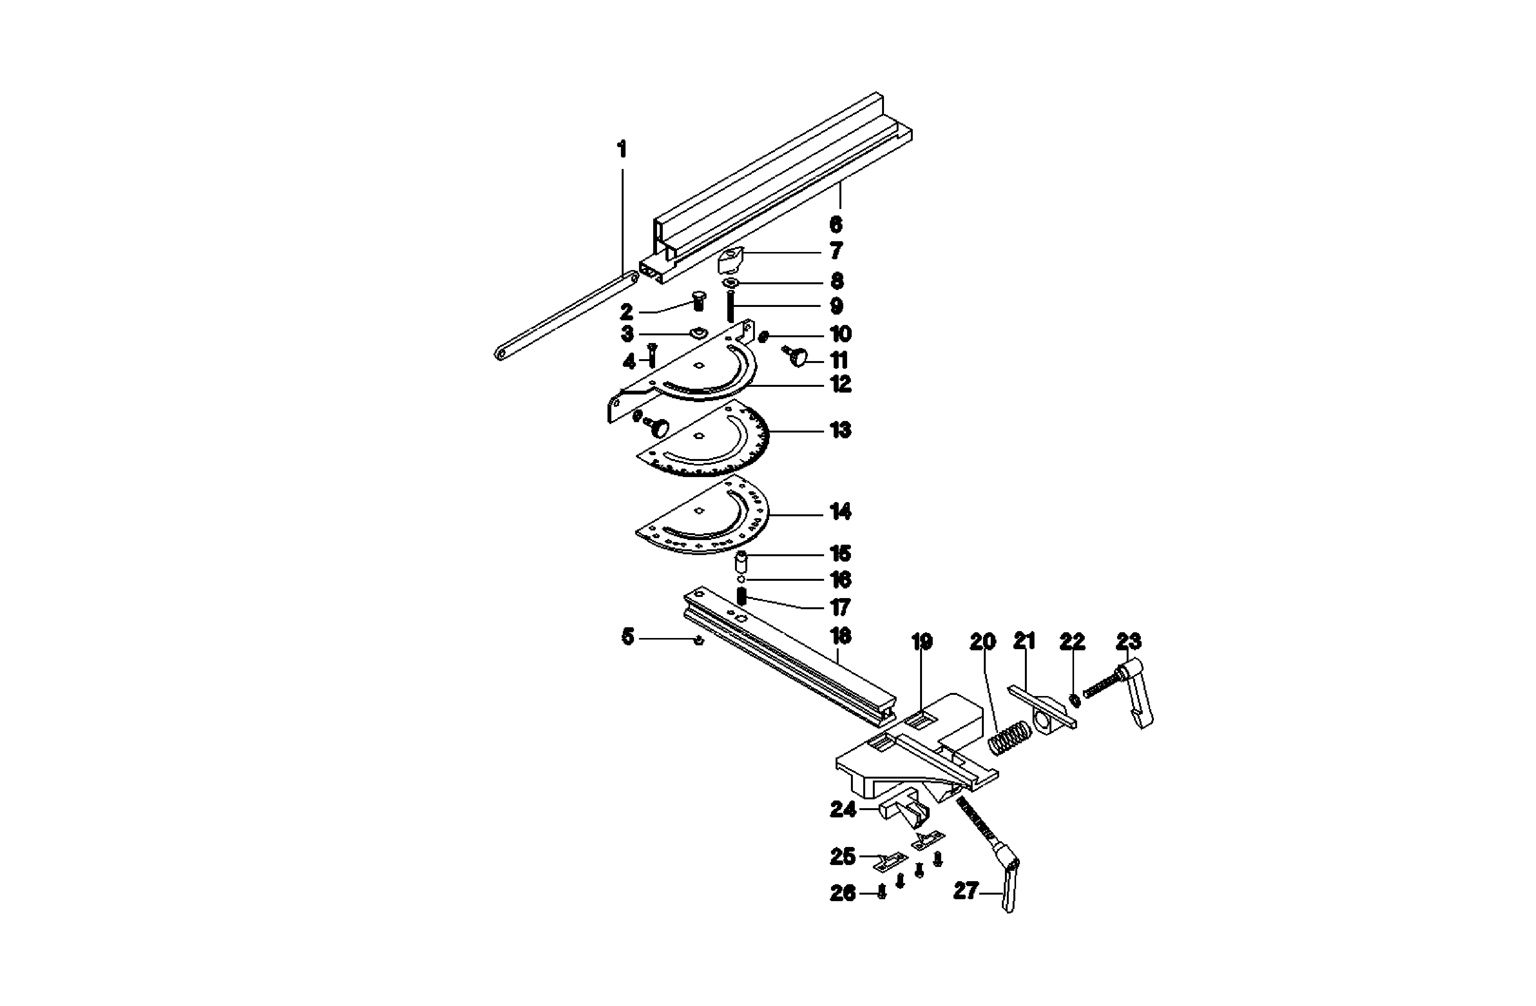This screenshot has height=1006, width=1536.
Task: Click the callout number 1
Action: [x=621, y=150]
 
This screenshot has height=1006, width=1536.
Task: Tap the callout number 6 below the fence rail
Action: [x=836, y=225]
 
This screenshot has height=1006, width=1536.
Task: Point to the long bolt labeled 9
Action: [x=731, y=306]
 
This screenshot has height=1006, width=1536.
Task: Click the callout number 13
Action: [x=840, y=430]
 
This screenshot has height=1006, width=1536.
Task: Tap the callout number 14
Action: [x=840, y=512]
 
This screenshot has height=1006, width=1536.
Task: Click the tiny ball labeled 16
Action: [x=742, y=578]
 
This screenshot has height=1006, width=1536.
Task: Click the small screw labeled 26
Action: [x=882, y=893]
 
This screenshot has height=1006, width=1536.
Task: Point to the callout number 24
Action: [x=843, y=809]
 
